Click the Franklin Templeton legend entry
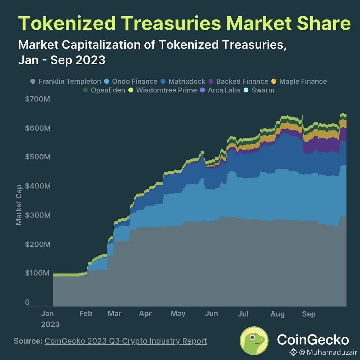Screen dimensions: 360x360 point(66,81)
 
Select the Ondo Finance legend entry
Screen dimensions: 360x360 point(130,81)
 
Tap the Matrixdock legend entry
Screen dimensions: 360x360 point(183,81)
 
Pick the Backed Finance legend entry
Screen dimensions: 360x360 point(238,81)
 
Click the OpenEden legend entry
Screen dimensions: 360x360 point(104,90)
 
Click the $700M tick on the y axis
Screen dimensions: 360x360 point(37,99)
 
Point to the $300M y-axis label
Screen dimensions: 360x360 point(38,215)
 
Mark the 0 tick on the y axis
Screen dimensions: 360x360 point(27,302)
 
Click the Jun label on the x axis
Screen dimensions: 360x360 point(211,313)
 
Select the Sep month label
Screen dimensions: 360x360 point(309,314)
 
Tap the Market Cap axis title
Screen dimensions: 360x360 point(19,205)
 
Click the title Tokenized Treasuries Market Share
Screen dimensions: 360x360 point(184,23)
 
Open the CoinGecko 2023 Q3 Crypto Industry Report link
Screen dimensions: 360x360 point(126,341)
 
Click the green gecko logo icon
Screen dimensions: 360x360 point(254,340)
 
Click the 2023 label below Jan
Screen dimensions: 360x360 point(50,324)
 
